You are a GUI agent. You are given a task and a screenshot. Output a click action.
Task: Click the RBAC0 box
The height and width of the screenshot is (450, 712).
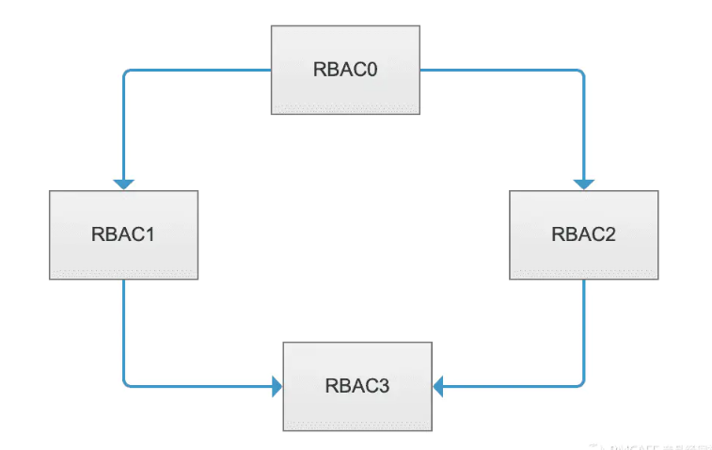point(346,71)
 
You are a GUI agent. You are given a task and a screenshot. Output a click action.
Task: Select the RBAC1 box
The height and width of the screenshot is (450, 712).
point(123,234)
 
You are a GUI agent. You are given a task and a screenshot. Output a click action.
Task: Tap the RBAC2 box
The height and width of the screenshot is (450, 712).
point(584,234)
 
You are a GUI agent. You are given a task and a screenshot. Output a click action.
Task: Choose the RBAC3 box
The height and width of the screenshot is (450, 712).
point(357,385)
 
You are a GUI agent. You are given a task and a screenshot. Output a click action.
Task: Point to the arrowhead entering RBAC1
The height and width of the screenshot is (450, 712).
point(123,184)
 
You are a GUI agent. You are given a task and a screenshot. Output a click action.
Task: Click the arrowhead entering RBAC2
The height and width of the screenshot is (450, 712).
point(584,184)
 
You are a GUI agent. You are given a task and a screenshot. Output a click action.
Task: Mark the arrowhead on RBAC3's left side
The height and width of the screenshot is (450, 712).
point(277,385)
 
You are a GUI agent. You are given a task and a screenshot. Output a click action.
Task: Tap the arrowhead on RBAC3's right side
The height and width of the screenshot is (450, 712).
point(439,385)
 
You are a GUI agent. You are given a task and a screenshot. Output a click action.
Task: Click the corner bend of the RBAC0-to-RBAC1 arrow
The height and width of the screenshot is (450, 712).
point(124,71)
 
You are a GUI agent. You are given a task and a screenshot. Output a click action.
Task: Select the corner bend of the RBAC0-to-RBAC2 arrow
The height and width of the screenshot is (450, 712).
point(583,71)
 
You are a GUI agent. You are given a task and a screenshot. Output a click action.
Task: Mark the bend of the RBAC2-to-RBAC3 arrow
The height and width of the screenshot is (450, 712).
point(583,384)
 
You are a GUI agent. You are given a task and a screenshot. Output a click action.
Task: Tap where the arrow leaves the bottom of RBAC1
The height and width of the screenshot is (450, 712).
point(123,281)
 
